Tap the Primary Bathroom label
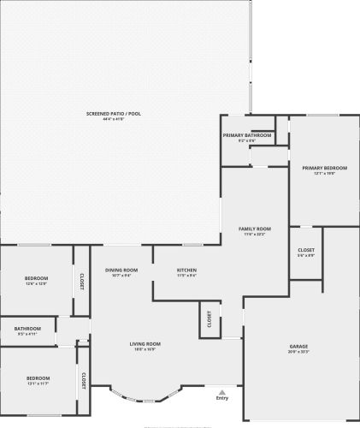coord(247,135)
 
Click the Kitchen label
coord(186,270)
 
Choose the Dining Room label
coord(121,270)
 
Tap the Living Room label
coord(145,344)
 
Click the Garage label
coord(298,347)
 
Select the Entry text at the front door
coord(222,398)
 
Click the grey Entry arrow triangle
coord(222,392)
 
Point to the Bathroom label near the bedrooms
coord(27,329)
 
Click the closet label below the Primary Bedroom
coord(306,250)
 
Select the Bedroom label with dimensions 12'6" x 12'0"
coord(36,278)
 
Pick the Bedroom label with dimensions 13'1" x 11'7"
coord(38,377)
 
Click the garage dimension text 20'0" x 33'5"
coord(298,352)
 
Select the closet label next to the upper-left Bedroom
coord(82,281)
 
